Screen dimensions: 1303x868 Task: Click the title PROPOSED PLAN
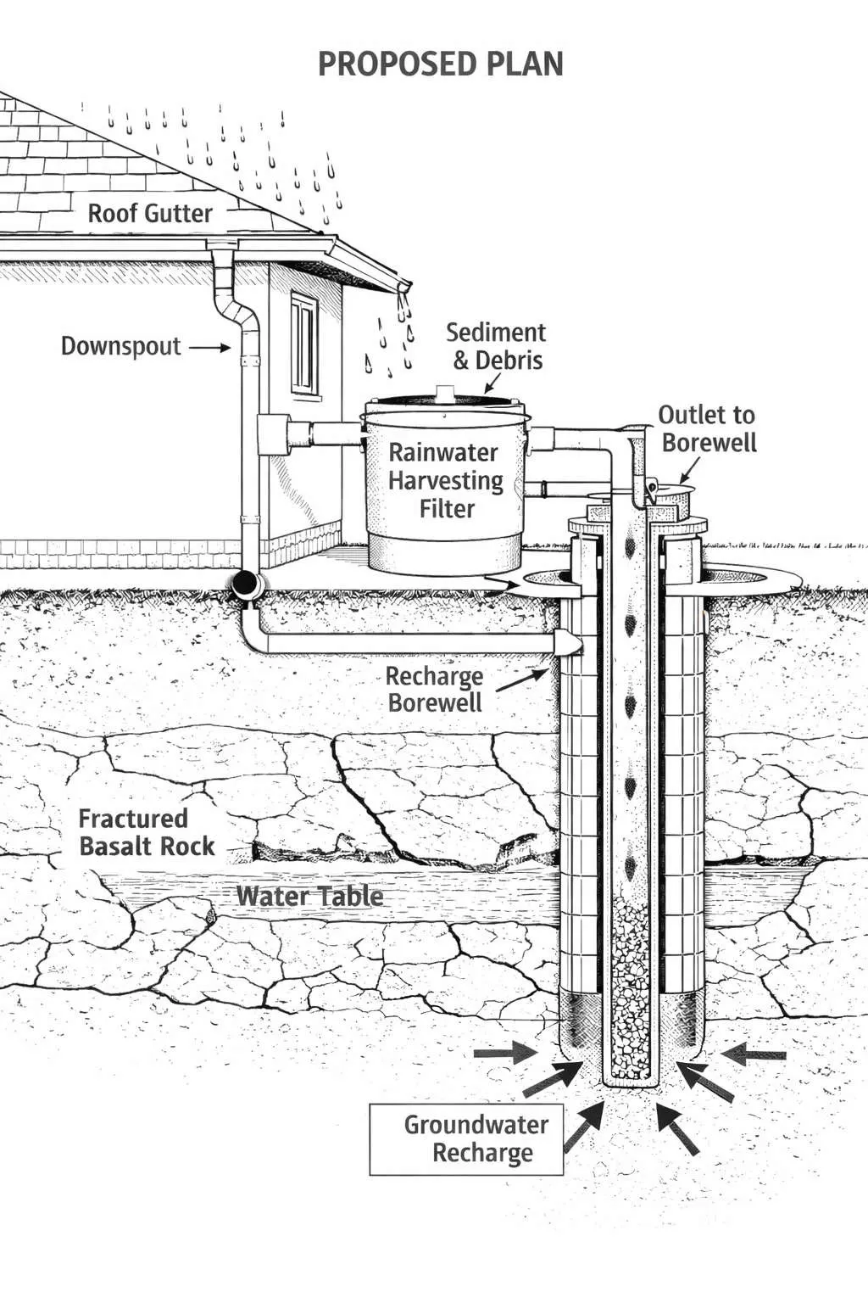pyautogui.click(x=440, y=64)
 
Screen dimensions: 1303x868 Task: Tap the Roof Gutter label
pyautogui.click(x=150, y=213)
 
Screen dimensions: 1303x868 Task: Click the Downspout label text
pyautogui.click(x=120, y=346)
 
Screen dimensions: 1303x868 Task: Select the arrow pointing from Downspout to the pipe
pyautogui.click(x=209, y=347)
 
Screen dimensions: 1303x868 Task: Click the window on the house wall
pyautogui.click(x=303, y=343)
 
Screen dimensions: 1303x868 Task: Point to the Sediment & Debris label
pyautogui.click(x=497, y=345)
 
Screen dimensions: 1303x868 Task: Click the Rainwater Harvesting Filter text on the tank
pyautogui.click(x=445, y=480)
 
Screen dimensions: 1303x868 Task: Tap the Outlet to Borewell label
pyautogui.click(x=707, y=428)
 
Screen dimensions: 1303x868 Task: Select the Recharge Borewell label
pyautogui.click(x=434, y=689)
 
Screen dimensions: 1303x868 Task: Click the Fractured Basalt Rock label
pyautogui.click(x=146, y=832)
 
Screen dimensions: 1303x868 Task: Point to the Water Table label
pyautogui.click(x=309, y=896)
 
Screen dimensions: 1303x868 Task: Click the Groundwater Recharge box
pyautogui.click(x=467, y=1139)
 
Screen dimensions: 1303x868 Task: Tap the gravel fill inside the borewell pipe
pyautogui.click(x=629, y=984)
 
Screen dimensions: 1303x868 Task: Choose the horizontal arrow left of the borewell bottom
pyautogui.click(x=504, y=1054)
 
